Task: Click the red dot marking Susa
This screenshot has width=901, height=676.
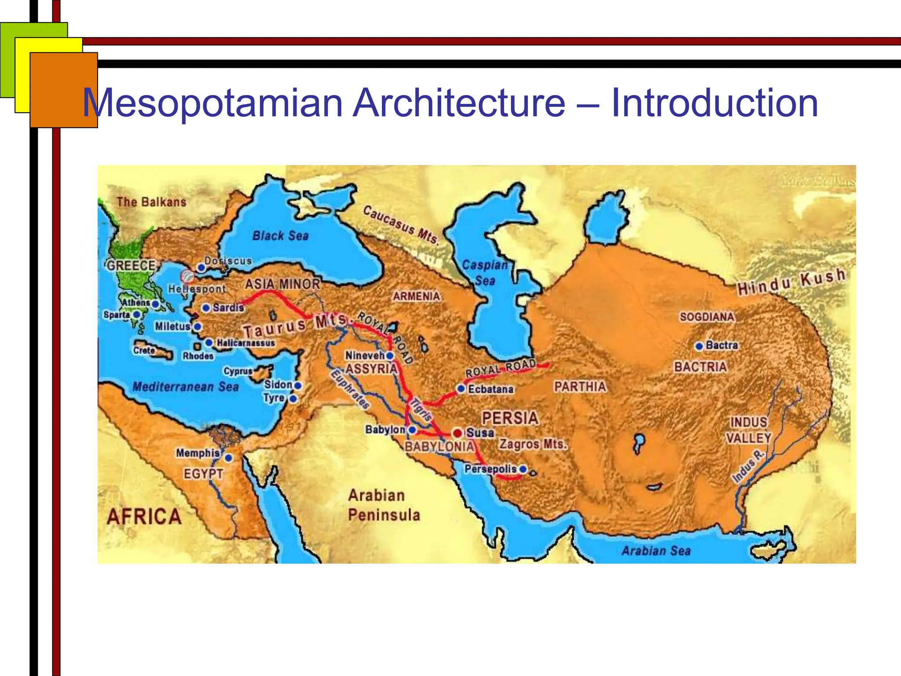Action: click(458, 433)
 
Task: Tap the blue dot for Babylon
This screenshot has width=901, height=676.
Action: click(412, 430)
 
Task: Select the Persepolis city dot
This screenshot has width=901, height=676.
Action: click(523, 469)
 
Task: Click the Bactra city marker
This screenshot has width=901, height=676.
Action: click(699, 346)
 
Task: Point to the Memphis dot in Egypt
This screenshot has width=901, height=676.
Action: click(228, 458)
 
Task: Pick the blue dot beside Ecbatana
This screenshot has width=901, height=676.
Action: click(461, 389)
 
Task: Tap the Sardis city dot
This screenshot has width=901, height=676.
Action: click(206, 308)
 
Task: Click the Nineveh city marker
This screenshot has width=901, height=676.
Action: click(390, 356)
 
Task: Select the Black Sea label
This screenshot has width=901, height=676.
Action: click(280, 236)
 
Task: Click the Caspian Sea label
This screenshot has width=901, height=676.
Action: click(485, 272)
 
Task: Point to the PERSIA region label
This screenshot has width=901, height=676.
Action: click(510, 418)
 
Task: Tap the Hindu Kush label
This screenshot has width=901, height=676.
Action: click(791, 282)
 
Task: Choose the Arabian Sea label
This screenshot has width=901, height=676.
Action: click(656, 551)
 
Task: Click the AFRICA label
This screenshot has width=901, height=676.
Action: click(144, 516)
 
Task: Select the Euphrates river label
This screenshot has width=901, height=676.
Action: click(350, 389)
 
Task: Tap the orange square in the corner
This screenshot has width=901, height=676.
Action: click(63, 90)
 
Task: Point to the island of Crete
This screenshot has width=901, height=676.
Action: click(154, 351)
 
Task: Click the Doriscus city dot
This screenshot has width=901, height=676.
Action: click(201, 267)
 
